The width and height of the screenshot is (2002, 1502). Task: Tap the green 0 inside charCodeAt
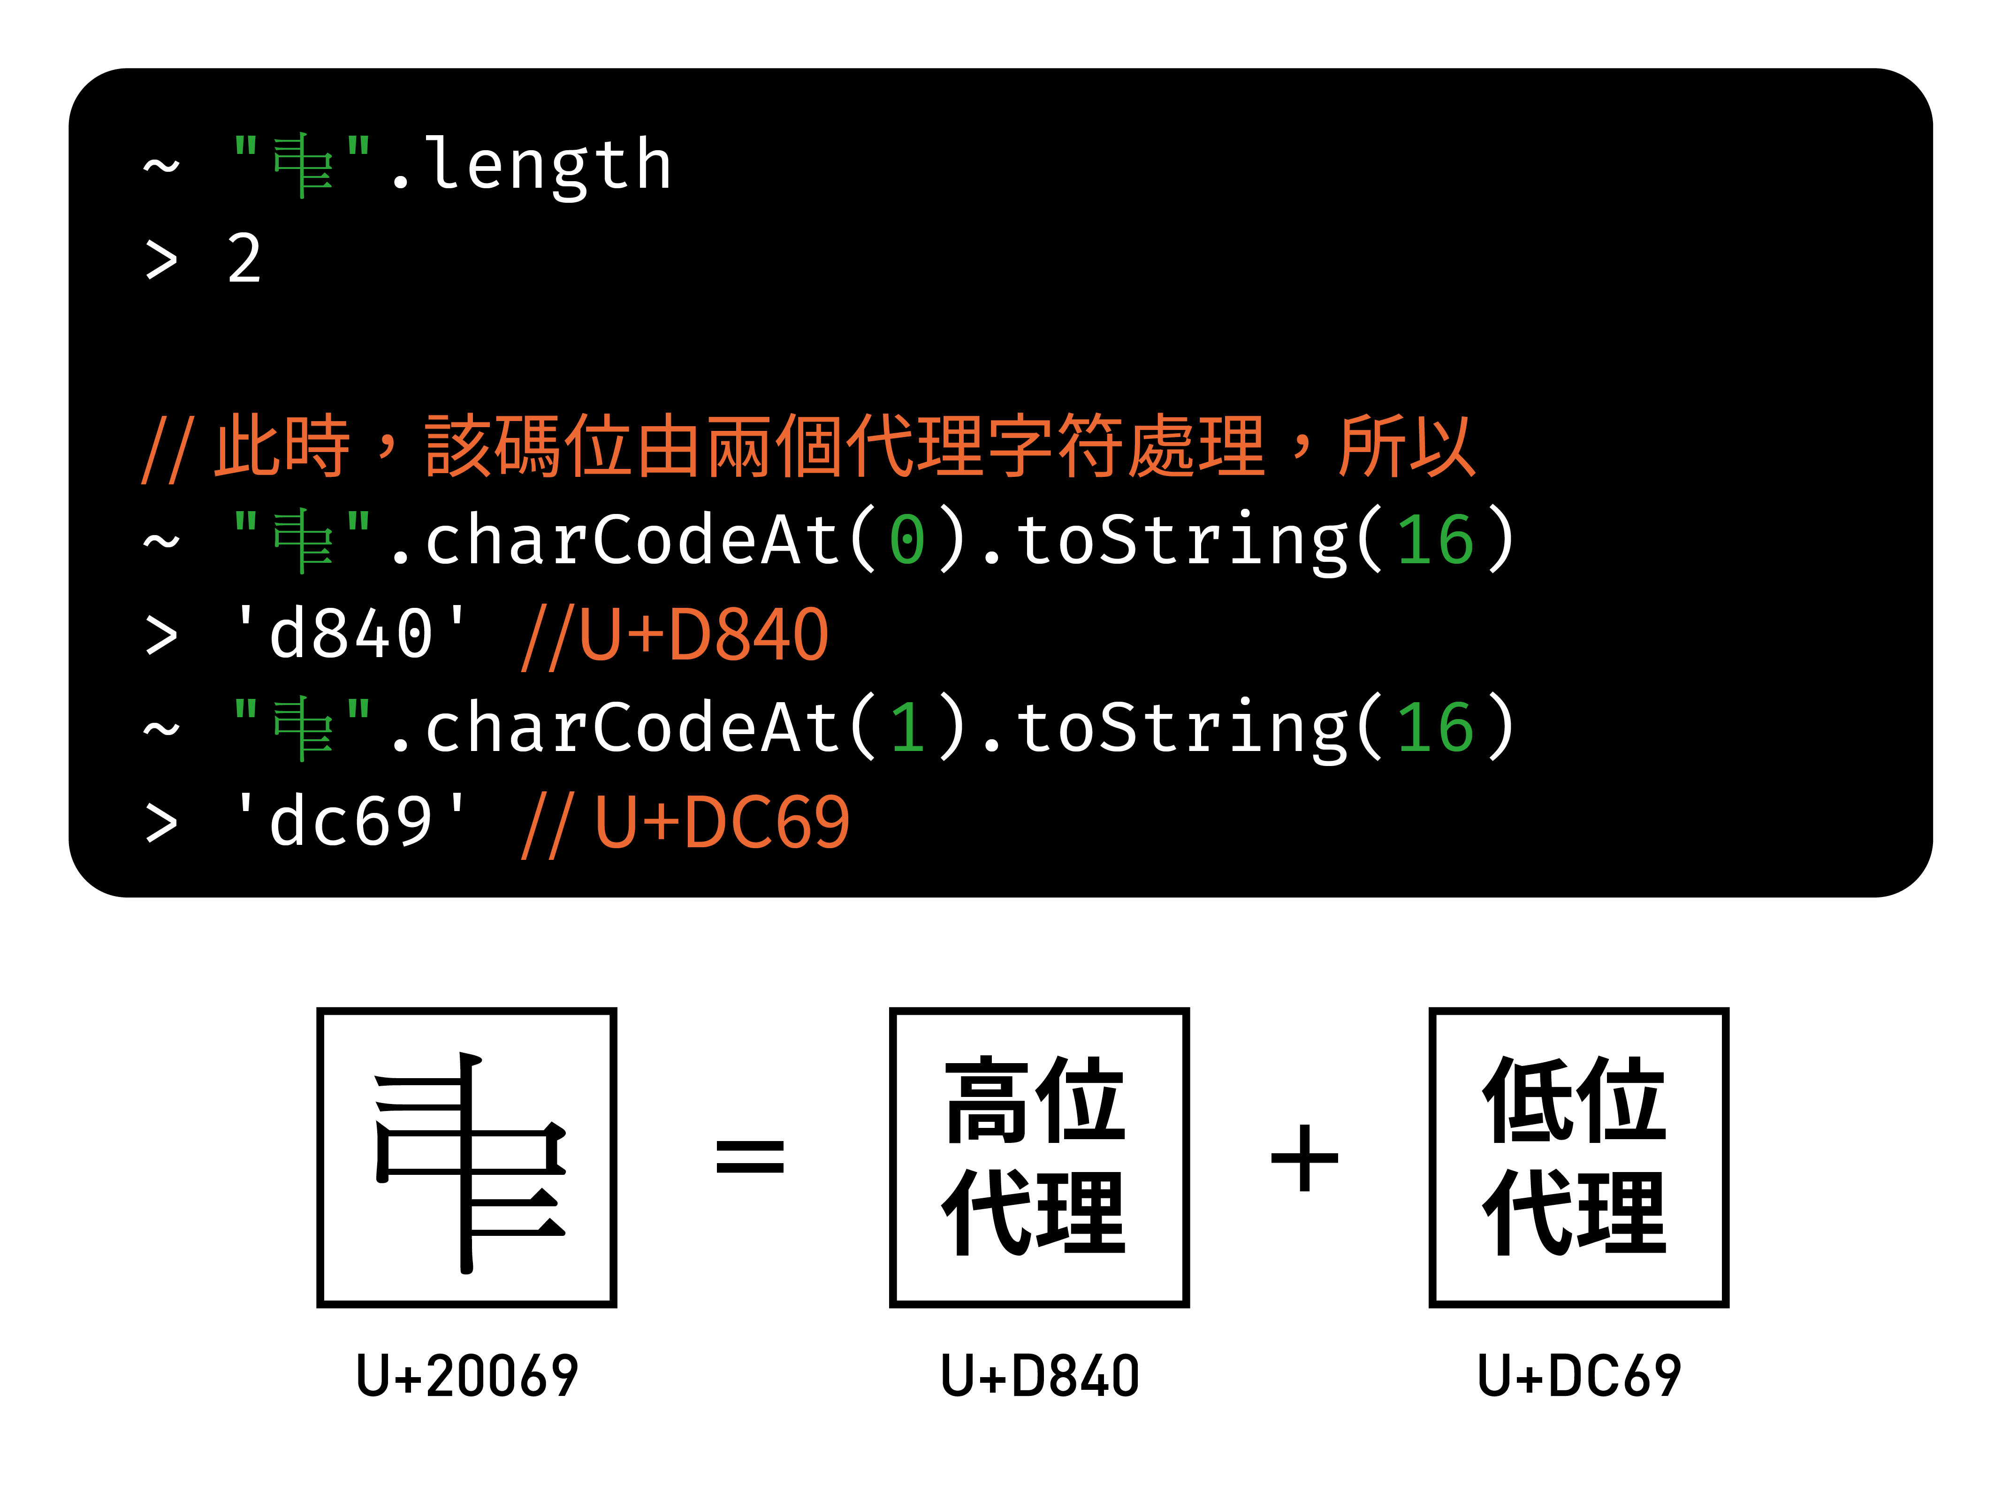tap(907, 541)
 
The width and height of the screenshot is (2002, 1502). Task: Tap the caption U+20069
tap(467, 1375)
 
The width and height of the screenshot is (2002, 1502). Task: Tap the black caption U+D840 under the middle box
tap(1039, 1375)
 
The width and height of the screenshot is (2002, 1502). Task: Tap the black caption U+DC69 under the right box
tap(1578, 1375)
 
